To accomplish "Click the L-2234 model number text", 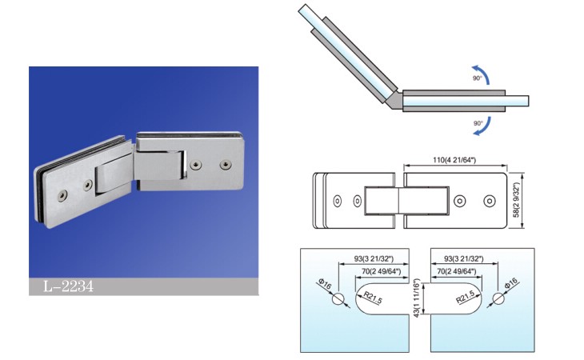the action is (x=68, y=286).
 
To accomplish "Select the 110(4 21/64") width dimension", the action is (x=454, y=160).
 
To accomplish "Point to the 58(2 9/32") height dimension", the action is (x=516, y=200).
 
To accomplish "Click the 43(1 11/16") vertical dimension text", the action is (x=417, y=298).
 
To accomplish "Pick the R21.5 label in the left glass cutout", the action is (x=373, y=298).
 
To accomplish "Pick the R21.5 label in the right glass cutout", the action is (x=465, y=297).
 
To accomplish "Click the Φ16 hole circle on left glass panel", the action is (x=338, y=299).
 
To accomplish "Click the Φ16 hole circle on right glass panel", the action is (x=498, y=299).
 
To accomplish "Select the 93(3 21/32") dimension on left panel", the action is (x=374, y=258).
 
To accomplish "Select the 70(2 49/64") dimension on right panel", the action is (x=456, y=271).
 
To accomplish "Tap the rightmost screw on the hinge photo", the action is (x=225, y=164).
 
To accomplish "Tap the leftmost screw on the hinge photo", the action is (x=62, y=195).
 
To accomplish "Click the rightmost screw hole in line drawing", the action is (x=490, y=201).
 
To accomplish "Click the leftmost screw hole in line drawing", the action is (x=338, y=201).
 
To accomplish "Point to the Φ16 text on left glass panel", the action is (x=325, y=285).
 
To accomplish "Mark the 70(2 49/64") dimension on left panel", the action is (x=382, y=271).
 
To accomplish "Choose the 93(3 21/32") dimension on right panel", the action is (x=464, y=258).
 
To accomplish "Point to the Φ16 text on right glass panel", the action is (x=511, y=284).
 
